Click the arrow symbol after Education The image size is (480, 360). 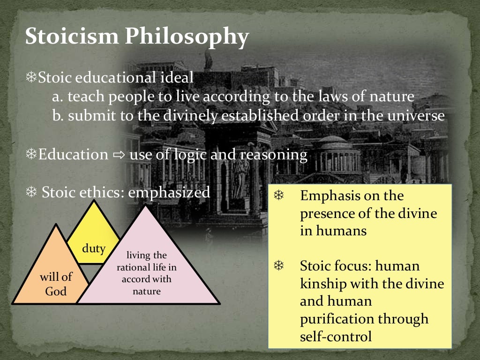119,155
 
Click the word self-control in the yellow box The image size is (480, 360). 336,337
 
